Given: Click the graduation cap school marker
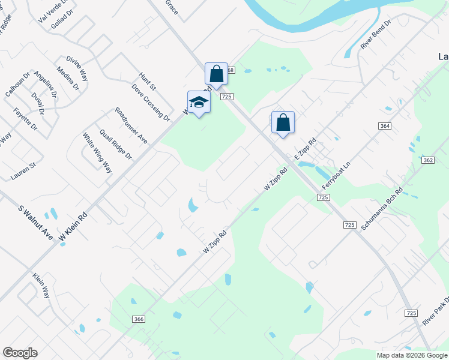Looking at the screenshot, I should [199, 102].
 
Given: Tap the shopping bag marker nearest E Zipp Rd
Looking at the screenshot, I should [283, 122].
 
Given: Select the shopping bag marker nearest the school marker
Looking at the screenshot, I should [216, 74].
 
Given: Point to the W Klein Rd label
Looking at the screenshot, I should [73, 227].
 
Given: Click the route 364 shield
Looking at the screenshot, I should [385, 125].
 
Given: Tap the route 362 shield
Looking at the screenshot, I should [428, 160].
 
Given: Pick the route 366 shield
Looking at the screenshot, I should [139, 319].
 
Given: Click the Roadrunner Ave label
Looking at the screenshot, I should [131, 125].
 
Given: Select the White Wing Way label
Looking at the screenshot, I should [97, 152].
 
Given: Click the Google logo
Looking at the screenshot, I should [20, 353].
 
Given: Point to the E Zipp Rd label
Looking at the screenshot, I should [305, 150].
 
